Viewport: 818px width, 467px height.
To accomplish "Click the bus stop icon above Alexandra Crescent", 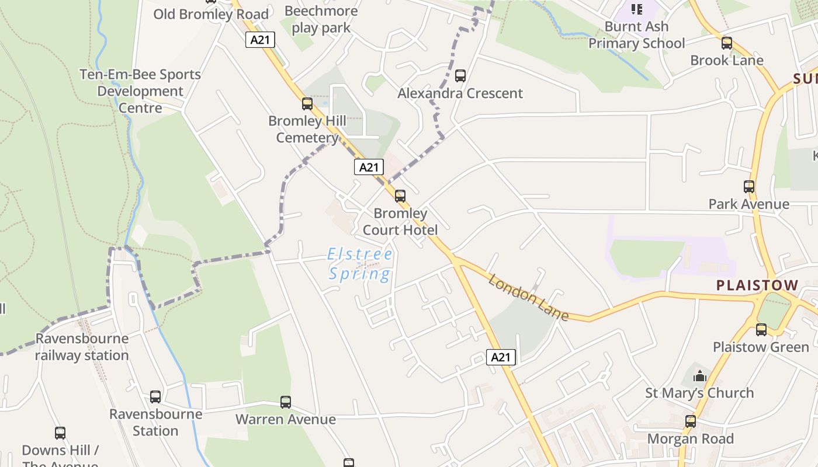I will point(460,75).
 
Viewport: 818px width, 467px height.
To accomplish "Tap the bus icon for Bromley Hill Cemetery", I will point(307,104).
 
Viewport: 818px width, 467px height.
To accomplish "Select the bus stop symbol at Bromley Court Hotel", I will point(400,196).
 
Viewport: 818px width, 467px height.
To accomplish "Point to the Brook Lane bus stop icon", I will point(727,43).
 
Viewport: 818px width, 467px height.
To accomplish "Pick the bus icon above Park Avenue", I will point(749,187).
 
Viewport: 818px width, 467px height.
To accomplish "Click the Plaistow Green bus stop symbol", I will point(761,330).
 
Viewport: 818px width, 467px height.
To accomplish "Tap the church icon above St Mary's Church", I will point(700,376).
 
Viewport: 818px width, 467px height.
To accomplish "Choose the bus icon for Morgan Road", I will point(691,421).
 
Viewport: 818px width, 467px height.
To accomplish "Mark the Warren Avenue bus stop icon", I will point(286,402).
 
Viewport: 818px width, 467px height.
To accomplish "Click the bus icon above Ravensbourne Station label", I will point(155,397).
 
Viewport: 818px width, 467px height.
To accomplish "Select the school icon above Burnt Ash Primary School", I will point(637,9).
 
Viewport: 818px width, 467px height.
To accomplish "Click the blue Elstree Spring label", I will point(360,264).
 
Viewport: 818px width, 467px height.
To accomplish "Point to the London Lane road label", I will point(528,298).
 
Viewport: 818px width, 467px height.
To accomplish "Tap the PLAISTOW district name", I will point(757,285).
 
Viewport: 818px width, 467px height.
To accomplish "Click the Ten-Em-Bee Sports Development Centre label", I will point(140,91).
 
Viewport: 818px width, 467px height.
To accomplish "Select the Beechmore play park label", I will point(321,19).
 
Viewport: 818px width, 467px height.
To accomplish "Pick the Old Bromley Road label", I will point(211,14).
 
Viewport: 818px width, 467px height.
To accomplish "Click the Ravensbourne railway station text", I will point(82,347).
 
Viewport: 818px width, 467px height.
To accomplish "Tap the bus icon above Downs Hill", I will point(60,433).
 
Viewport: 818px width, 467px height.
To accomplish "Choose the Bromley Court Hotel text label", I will point(400,222).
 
